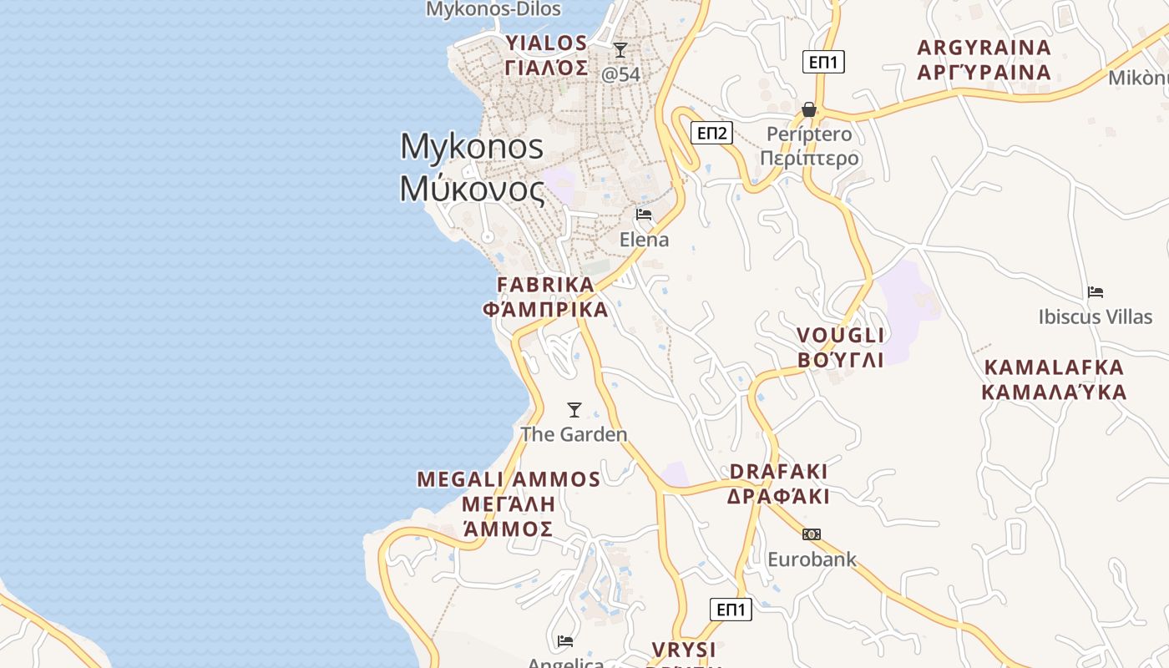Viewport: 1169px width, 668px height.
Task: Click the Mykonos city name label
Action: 473,168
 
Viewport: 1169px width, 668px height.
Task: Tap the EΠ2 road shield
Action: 711,133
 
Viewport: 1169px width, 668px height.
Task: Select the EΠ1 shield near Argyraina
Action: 823,62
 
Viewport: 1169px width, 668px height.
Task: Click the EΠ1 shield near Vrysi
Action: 731,610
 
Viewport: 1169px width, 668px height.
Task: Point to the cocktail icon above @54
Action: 620,50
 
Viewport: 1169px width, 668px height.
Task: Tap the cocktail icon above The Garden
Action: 574,409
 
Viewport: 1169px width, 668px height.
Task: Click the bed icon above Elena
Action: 644,215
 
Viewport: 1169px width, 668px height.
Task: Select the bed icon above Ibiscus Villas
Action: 1096,292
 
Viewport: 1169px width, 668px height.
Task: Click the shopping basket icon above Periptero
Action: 808,109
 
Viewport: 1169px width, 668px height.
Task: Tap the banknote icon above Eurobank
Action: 812,534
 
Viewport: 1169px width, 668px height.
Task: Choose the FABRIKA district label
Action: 546,296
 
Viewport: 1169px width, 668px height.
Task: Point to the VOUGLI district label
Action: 840,347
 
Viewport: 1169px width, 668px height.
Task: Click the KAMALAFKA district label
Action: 1054,379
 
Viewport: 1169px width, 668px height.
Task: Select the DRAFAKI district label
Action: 778,483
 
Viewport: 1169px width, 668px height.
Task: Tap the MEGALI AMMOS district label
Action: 509,504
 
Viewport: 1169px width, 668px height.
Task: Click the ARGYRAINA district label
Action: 984,59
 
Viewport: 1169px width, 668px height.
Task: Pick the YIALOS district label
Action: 547,55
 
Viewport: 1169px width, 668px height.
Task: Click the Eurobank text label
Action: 812,559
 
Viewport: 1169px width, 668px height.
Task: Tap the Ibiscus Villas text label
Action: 1095,317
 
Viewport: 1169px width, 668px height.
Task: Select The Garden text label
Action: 574,434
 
